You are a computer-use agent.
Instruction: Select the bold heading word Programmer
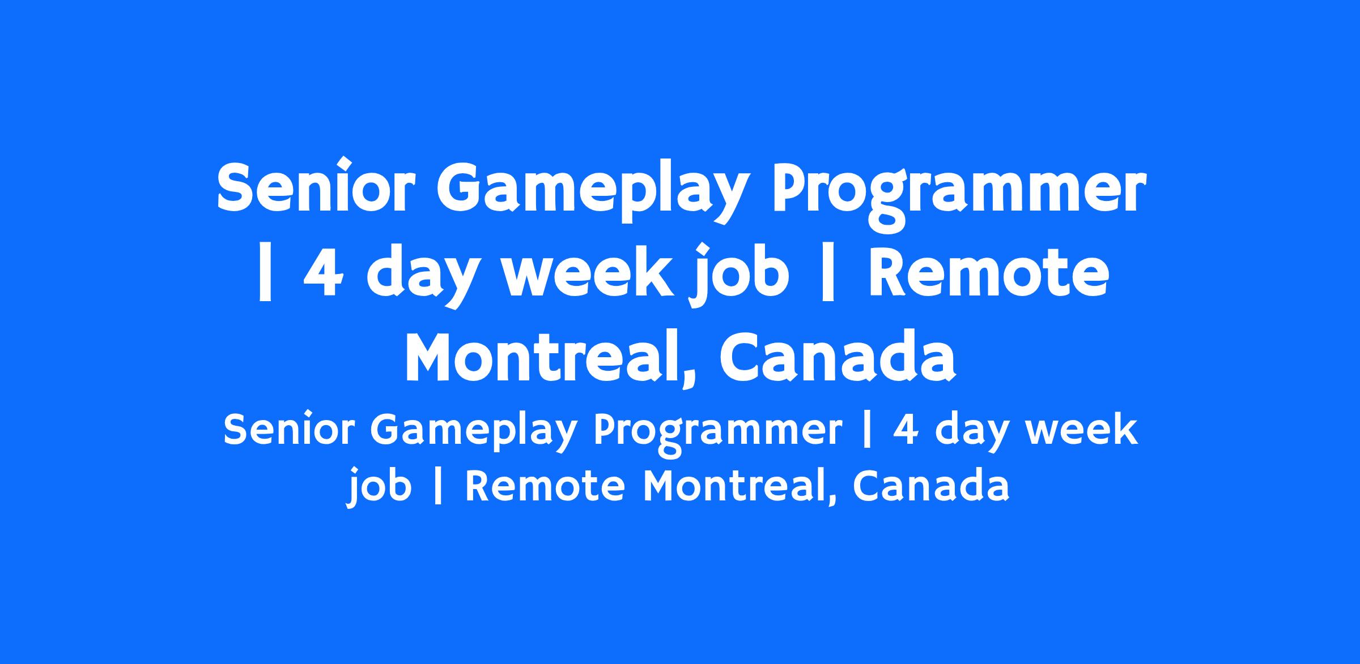coord(957,193)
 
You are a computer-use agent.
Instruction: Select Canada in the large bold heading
coord(838,357)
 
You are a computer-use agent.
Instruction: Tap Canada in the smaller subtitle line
coord(931,486)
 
